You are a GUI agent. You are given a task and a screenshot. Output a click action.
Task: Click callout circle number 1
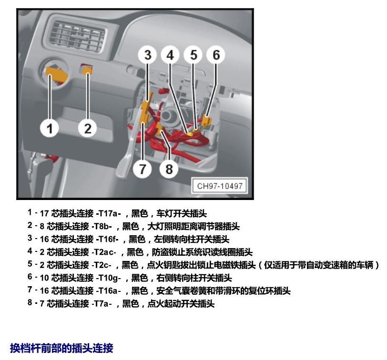[x=50, y=128]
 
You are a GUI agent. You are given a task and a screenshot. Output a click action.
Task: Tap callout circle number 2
[x=88, y=128]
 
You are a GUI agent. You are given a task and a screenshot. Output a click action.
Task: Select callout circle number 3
[x=148, y=55]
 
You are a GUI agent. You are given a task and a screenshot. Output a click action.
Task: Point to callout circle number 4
[x=170, y=55]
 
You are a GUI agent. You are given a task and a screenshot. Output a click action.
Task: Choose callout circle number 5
[x=193, y=55]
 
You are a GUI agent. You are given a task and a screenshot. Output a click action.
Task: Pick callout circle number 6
[x=216, y=55]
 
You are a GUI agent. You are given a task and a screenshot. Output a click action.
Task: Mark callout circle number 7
[x=143, y=169]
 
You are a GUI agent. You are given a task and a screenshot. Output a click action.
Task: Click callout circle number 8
[x=169, y=169]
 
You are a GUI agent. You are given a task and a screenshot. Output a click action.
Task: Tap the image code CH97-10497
[x=220, y=186]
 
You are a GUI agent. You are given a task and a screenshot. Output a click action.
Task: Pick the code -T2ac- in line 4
[x=104, y=252]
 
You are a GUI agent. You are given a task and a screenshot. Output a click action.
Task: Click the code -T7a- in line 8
[x=102, y=303]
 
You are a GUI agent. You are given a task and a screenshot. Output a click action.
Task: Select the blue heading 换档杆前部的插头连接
[x=61, y=348]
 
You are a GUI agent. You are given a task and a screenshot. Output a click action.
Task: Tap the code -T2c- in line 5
[x=102, y=265]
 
